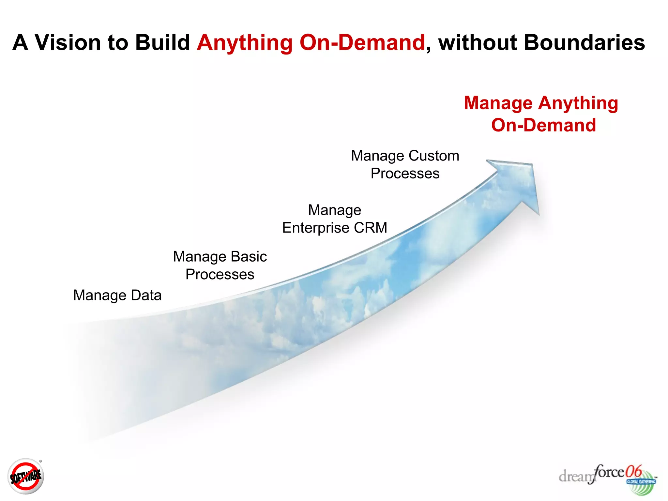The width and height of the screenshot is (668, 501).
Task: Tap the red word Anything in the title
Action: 245,43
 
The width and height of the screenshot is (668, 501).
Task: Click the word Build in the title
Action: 162,42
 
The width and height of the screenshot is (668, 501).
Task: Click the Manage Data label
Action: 117,295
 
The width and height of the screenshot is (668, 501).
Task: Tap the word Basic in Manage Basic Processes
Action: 249,256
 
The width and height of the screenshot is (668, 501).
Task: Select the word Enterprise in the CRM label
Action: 315,228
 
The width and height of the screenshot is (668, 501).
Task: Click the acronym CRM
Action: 371,228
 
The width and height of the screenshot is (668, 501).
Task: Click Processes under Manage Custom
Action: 405,174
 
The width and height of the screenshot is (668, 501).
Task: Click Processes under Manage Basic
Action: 220,274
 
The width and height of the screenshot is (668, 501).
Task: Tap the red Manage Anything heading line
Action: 541,103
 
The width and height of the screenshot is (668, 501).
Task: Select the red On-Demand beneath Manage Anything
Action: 543,125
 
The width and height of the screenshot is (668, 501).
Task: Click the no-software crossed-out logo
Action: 25,477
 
